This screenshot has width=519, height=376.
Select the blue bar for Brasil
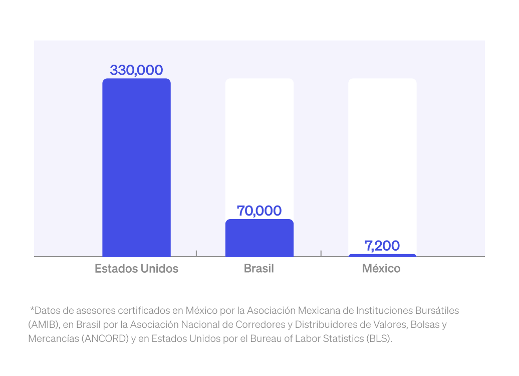tap(259, 238)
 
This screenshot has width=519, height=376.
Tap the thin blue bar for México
tap(382, 256)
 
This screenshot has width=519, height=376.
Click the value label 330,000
tap(136, 70)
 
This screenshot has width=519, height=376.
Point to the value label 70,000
tap(259, 211)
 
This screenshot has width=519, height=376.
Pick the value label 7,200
tap(382, 246)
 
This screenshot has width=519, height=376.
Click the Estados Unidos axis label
tap(136, 269)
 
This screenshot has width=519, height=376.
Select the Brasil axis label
tap(259, 269)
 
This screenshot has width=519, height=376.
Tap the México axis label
tap(381, 269)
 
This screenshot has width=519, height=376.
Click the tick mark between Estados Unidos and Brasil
tap(196, 253)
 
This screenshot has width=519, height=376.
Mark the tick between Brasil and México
tap(321, 253)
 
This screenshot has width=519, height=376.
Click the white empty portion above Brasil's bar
tap(259, 145)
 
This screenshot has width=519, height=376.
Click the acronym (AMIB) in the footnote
tap(44, 324)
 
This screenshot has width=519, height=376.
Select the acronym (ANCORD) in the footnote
tap(96, 338)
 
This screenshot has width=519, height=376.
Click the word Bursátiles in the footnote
tap(436, 310)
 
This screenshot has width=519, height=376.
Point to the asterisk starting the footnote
tap(32, 309)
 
